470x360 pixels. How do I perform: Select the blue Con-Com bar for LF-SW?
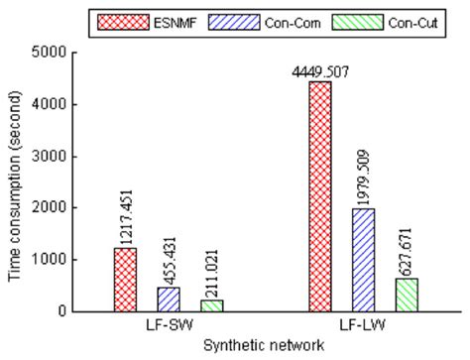click(168, 299)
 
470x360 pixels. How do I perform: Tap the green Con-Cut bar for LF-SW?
click(210, 305)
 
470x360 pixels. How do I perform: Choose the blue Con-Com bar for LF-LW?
click(364, 260)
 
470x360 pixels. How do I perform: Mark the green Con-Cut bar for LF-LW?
click(407, 295)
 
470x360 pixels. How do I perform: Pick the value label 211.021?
click(210, 267)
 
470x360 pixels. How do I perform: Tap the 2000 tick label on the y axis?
click(62, 207)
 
